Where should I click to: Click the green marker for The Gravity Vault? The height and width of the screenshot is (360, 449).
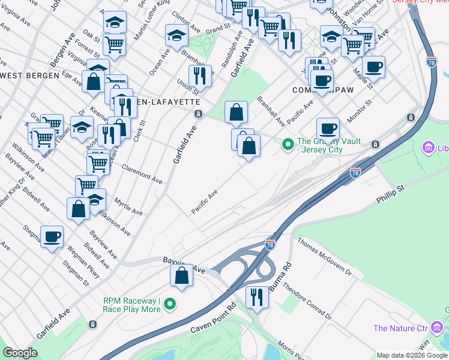pos(288,144)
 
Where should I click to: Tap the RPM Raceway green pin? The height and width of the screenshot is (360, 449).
pos(170,304)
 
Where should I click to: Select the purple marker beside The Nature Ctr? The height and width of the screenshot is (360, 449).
pos(438,328)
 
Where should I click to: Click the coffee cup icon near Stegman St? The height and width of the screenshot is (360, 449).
pos(52,236)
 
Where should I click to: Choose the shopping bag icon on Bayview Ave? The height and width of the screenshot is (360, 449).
pos(182,275)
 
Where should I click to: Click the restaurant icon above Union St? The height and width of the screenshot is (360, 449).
pos(200,76)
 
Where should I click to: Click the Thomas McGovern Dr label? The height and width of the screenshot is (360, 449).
pos(327,258)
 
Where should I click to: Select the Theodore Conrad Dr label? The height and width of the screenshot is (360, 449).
pos(307,301)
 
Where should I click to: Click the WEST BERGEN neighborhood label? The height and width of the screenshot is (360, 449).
pos(30,75)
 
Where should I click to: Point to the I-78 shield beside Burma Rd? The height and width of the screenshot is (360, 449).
pos(270,244)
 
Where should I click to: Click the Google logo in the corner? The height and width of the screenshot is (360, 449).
pos(20,353)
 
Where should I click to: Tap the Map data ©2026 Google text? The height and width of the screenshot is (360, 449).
pos(412,355)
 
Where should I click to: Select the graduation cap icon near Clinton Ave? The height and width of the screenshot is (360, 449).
pos(176,37)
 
